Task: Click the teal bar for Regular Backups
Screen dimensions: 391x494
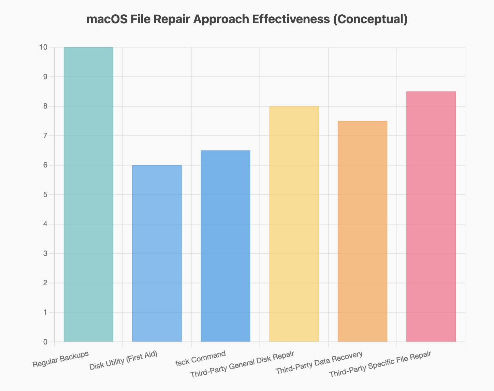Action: [x=88, y=194]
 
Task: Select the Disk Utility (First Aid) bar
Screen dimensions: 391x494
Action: [x=157, y=254]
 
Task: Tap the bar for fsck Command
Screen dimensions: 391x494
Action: [x=226, y=246]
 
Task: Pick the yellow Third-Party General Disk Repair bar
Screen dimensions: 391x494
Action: [x=294, y=224]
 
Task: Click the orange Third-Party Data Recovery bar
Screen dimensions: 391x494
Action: [x=362, y=231]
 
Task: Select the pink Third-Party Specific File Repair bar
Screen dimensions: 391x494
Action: [x=431, y=217]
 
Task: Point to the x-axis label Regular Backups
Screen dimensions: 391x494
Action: [x=61, y=359]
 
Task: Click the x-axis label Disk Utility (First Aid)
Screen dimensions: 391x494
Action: [x=123, y=361]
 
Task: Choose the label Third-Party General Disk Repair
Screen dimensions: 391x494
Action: [x=242, y=364]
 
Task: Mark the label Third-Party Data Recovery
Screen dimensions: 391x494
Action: [x=319, y=362]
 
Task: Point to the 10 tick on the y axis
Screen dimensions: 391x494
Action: [x=44, y=47]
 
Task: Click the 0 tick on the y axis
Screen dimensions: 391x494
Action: [x=46, y=342]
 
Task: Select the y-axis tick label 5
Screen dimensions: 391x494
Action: [x=46, y=195]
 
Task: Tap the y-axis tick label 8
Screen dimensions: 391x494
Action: [x=46, y=106]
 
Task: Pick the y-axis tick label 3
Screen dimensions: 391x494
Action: [x=46, y=254]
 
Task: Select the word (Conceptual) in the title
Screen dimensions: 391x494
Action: [x=370, y=19]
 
